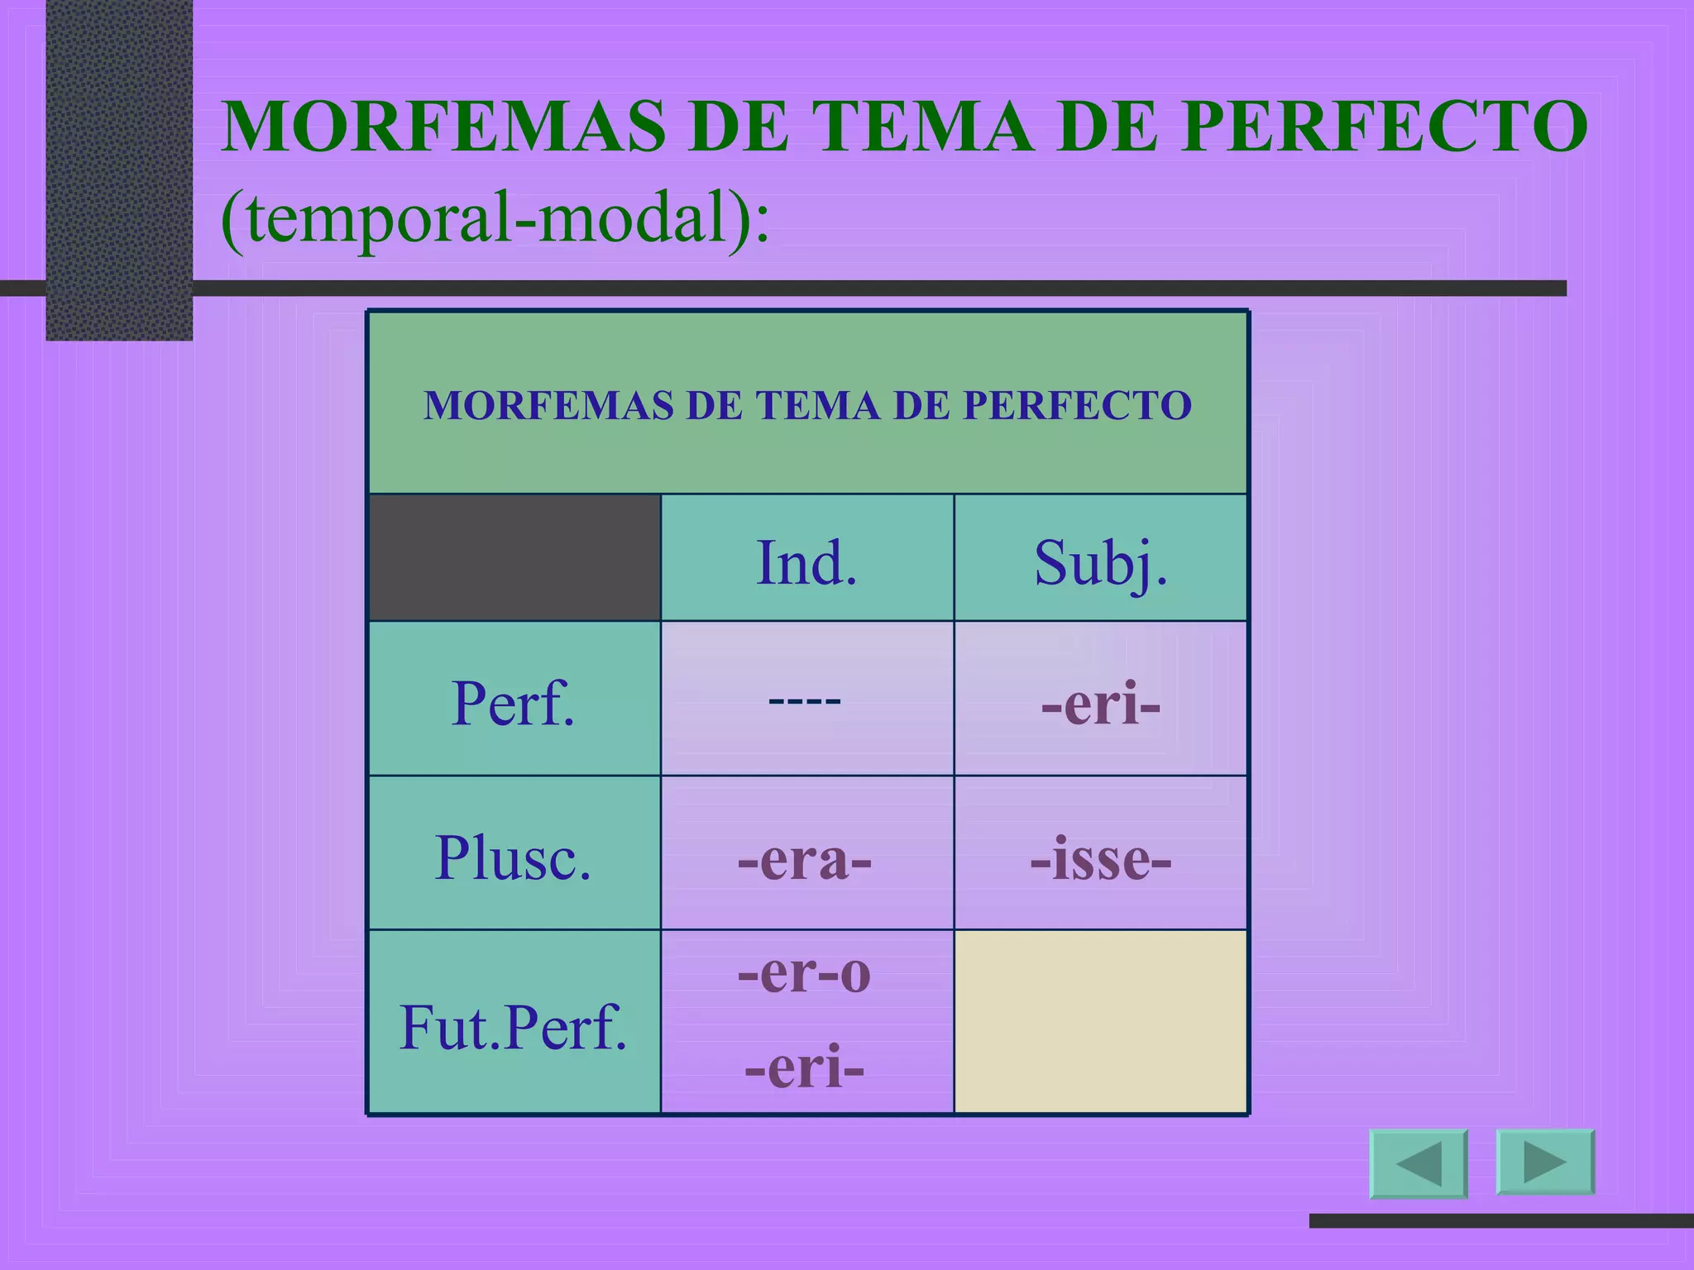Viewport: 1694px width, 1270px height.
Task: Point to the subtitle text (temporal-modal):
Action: point(495,219)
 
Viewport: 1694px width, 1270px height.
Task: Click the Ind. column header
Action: point(806,562)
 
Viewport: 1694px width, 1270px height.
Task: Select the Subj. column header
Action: point(1100,562)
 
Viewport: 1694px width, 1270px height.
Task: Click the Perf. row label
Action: point(513,703)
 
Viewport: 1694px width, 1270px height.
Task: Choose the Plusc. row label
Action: point(513,857)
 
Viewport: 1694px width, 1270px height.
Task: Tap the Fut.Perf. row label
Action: point(513,1027)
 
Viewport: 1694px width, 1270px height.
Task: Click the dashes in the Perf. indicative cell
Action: point(805,701)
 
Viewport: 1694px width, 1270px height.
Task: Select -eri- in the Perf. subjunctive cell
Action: point(1100,704)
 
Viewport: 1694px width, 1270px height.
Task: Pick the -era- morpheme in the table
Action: point(805,860)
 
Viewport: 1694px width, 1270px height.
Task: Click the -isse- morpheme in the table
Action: point(1100,860)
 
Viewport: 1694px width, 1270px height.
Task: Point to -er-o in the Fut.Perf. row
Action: point(805,972)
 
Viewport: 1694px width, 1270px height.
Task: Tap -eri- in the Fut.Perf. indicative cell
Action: point(805,1067)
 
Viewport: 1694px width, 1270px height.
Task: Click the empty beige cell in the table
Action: point(1100,1022)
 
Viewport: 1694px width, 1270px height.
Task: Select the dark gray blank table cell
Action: point(514,557)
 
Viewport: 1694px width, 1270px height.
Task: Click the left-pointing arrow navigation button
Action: point(1419,1163)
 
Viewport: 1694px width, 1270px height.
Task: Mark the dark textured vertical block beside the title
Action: point(119,165)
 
